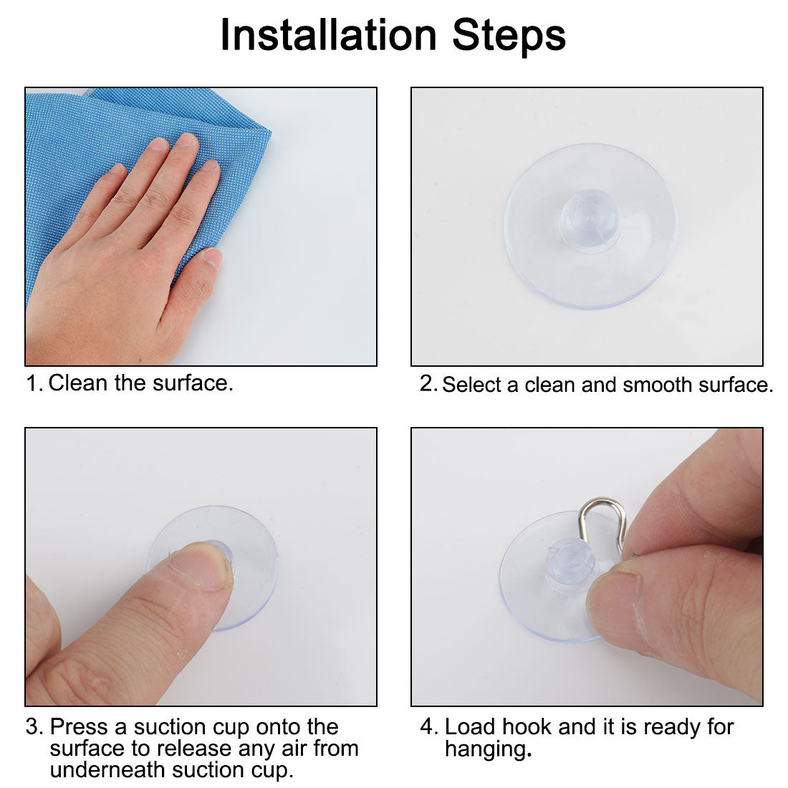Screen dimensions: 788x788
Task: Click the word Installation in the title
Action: [327, 35]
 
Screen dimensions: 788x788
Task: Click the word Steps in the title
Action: [509, 35]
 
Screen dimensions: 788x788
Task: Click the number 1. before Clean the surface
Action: [34, 383]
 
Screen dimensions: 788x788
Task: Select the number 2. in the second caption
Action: [428, 384]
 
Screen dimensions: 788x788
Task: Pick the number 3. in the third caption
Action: [34, 727]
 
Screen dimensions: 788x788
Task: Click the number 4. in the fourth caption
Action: [428, 727]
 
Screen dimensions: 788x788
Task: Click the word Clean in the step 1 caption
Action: [78, 383]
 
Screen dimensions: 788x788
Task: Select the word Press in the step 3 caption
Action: [78, 727]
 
